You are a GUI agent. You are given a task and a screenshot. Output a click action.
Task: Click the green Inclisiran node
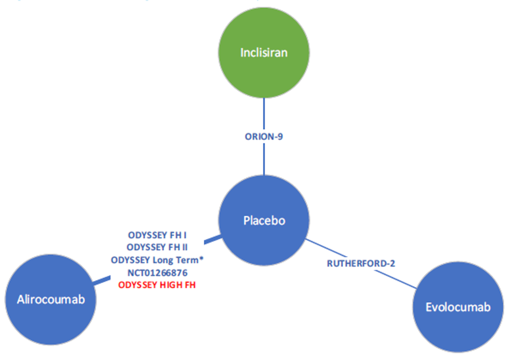click(264, 53)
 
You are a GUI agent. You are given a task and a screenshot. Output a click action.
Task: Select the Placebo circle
click(264, 220)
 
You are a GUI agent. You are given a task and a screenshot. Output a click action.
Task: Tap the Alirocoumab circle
click(51, 299)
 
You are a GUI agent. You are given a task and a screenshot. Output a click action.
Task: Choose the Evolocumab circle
click(458, 307)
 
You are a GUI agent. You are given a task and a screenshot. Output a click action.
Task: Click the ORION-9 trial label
click(264, 137)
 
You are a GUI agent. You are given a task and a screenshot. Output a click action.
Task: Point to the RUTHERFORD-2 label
click(361, 263)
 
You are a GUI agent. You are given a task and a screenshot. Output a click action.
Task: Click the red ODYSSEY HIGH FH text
click(157, 285)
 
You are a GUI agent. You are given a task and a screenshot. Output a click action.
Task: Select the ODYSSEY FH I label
click(157, 235)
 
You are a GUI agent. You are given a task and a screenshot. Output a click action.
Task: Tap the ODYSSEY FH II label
click(157, 247)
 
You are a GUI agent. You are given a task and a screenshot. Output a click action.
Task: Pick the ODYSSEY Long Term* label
click(157, 260)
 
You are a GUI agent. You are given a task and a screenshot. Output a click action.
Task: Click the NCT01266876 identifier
click(157, 273)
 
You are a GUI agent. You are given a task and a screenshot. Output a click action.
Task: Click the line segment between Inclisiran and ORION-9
click(264, 113)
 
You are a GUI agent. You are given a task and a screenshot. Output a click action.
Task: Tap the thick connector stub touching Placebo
click(212, 239)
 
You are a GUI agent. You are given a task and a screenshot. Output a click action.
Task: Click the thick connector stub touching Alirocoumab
click(102, 280)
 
